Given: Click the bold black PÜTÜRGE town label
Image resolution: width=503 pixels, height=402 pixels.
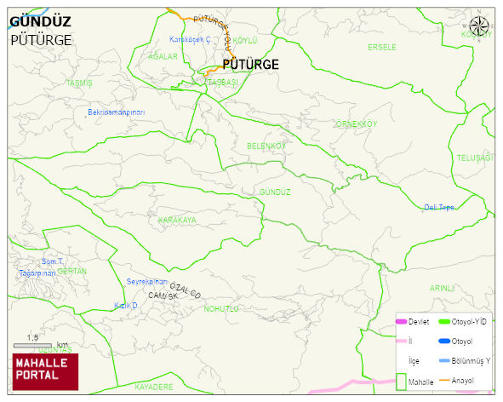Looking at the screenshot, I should [x=250, y=64].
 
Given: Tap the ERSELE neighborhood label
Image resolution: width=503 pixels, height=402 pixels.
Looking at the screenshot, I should [x=381, y=47].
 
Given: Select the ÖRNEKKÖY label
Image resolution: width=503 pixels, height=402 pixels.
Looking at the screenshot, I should [x=356, y=124].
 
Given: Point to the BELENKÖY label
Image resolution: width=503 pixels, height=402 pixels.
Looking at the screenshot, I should [x=266, y=146].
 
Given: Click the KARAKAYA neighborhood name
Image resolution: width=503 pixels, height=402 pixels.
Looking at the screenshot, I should [x=176, y=220].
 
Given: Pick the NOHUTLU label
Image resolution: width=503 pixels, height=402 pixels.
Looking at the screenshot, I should [x=221, y=308].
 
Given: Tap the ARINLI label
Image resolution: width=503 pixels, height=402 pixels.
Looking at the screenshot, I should [x=443, y=288].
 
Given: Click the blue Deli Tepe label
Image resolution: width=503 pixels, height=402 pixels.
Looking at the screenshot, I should [x=439, y=208].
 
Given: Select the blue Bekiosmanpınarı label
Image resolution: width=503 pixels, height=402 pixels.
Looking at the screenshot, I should [x=117, y=112].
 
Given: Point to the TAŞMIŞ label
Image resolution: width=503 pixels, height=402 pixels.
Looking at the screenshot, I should [x=78, y=83].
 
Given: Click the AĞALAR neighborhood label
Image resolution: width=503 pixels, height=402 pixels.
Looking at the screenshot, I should [x=163, y=56].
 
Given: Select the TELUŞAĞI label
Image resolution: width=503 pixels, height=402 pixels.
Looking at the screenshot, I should [x=474, y=158].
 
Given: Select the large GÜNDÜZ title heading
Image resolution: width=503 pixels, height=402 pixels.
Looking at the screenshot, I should [x=40, y=22].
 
